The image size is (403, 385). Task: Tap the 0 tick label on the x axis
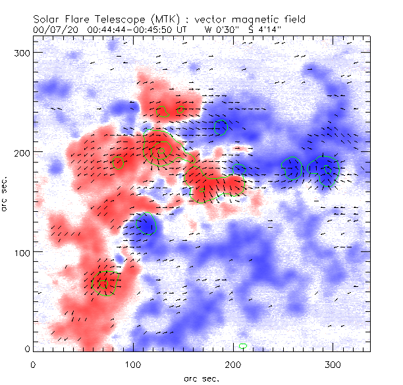tap(33, 364)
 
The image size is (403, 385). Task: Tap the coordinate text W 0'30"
tap(221, 30)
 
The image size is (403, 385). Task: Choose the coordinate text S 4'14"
tap(270, 30)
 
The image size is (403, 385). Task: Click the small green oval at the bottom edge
tap(244, 346)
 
